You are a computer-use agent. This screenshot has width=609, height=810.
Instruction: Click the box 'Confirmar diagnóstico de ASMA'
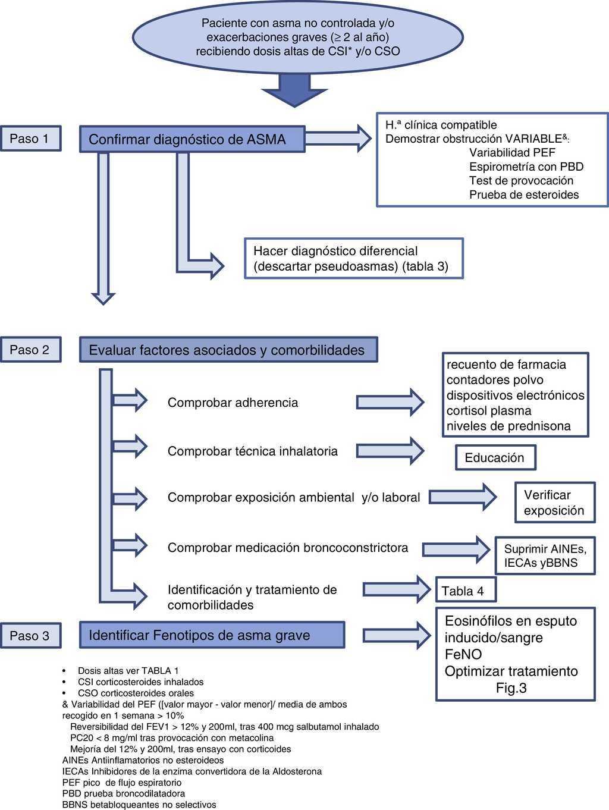[192, 139]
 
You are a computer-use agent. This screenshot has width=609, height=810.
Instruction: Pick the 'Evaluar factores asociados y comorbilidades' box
[228, 350]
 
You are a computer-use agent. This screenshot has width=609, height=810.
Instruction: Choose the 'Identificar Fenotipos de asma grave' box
[212, 635]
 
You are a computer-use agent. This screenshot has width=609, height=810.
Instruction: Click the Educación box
[495, 458]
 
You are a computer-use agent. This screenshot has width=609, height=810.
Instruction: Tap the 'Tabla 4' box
[465, 591]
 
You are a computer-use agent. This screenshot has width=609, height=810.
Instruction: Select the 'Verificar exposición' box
[554, 503]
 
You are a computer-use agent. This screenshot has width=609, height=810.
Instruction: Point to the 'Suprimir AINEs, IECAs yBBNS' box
[545, 556]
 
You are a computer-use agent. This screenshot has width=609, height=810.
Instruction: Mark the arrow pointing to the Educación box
[390, 450]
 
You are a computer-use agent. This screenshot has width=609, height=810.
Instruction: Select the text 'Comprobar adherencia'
[233, 403]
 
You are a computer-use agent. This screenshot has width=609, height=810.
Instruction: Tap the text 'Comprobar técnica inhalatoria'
[252, 451]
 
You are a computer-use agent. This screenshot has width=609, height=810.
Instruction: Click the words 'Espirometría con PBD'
[526, 167]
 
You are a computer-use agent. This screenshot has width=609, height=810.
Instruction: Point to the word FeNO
[463, 654]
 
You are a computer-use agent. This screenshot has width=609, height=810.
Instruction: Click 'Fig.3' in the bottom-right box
[511, 688]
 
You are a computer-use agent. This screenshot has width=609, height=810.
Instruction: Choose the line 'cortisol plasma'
[489, 410]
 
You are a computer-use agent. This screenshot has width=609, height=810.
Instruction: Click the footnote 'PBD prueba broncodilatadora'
[124, 793]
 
